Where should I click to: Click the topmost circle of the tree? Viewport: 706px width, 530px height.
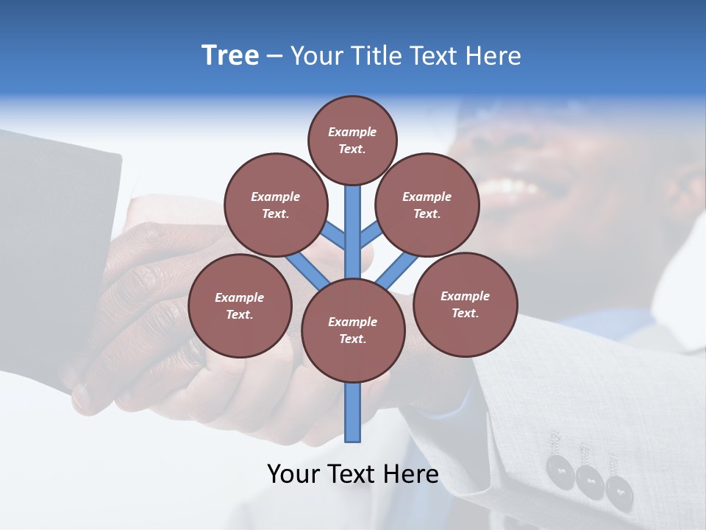pos(352,140)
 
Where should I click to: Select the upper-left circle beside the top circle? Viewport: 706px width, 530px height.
pos(275,205)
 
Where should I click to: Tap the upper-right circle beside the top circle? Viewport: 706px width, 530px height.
pos(427,205)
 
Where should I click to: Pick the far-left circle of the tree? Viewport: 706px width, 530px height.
pos(239,305)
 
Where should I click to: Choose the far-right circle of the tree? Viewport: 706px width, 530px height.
pos(465,304)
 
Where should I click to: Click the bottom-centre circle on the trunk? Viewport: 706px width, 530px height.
pos(352,330)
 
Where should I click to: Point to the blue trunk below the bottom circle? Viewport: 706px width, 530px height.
pos(353,412)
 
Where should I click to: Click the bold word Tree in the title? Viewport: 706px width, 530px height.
pos(230,55)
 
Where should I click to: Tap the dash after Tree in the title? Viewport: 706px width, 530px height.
pos(275,57)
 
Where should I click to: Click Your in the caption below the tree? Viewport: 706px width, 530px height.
pos(293,474)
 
